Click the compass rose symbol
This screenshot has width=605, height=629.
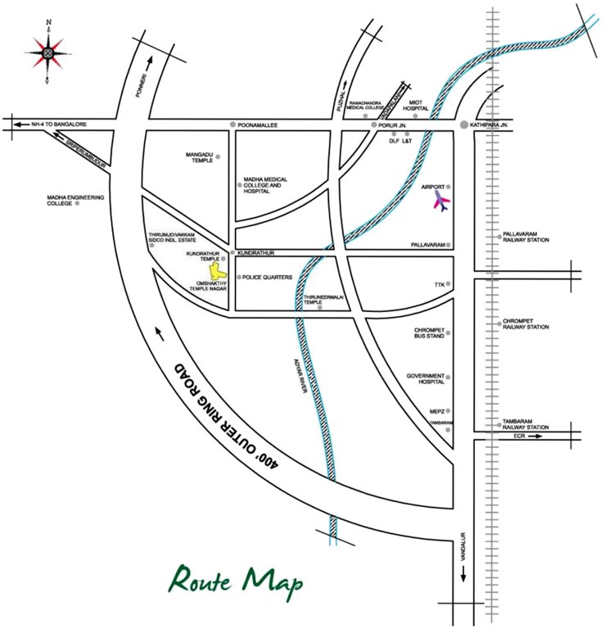pos(47,51)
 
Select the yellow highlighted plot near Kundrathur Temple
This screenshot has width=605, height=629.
pos(217,271)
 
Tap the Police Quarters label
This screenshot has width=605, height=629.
pos(267,278)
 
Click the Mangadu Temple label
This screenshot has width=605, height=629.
pos(199,156)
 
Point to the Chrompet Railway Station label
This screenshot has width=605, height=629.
pos(526,324)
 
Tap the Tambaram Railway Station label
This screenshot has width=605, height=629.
pos(526,424)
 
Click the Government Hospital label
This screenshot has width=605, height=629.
pos(425,378)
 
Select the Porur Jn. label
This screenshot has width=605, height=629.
pos(388,125)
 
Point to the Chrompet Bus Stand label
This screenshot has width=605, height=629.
pos(429,333)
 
